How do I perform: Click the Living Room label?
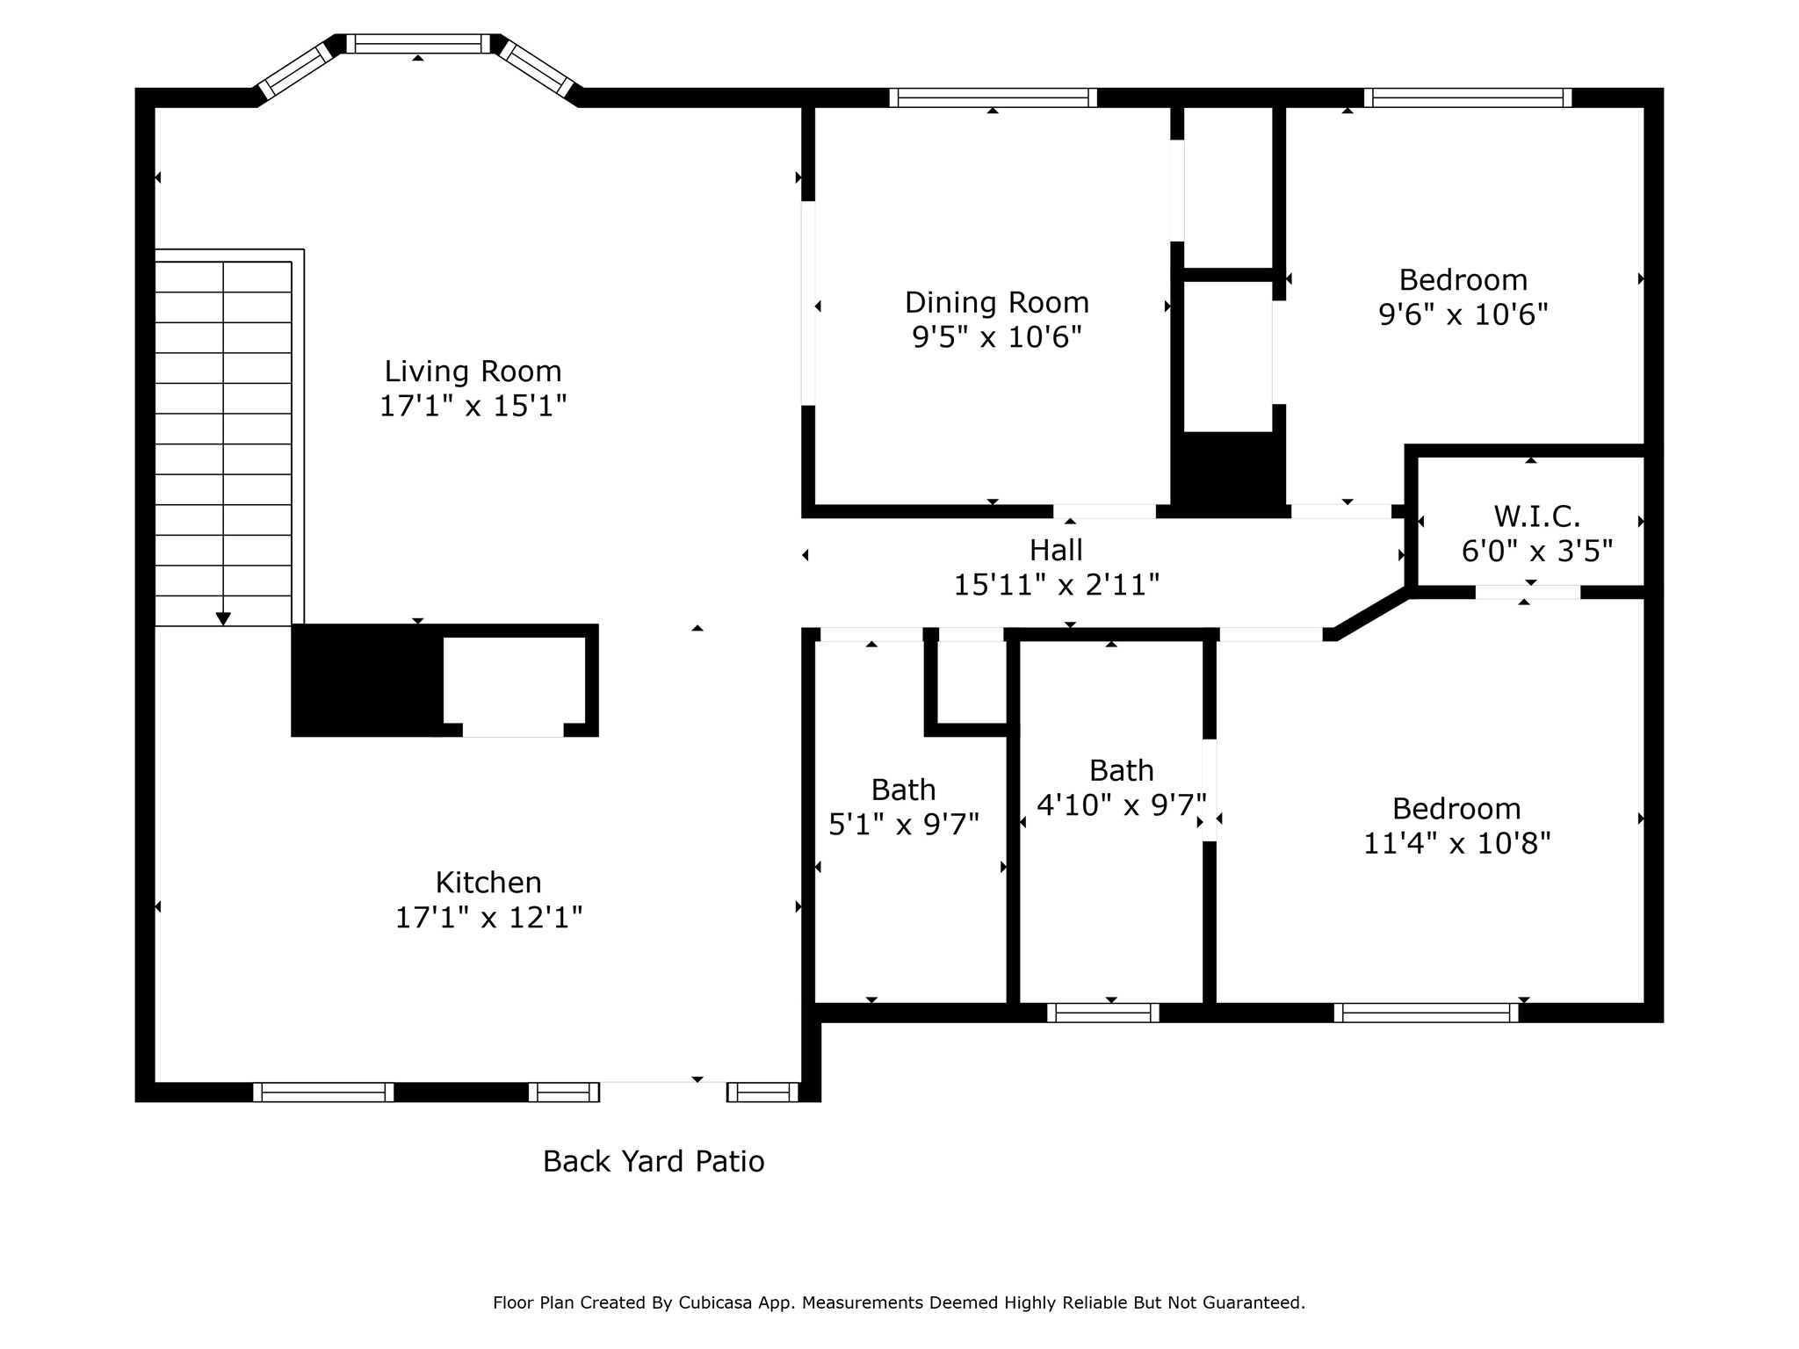click(473, 372)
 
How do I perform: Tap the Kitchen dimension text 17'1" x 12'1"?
click(488, 918)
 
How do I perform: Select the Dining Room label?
click(996, 303)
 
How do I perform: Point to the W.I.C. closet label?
click(1536, 516)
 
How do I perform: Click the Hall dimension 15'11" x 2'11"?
click(1057, 585)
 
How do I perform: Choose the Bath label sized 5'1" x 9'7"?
click(903, 790)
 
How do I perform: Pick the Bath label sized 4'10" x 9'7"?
click(1121, 771)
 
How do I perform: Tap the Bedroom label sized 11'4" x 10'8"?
click(1456, 809)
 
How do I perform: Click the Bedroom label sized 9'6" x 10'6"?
click(1463, 280)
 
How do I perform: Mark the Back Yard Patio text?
click(654, 1161)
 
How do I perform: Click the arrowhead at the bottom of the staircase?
click(223, 619)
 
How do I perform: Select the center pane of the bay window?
click(417, 44)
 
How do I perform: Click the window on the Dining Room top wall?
click(993, 97)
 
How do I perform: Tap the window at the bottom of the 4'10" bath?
click(1102, 1013)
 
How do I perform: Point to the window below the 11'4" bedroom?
click(1426, 1013)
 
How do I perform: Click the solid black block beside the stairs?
click(366, 681)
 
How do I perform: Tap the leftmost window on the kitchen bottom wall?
click(323, 1092)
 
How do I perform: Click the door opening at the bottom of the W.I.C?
click(1528, 592)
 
